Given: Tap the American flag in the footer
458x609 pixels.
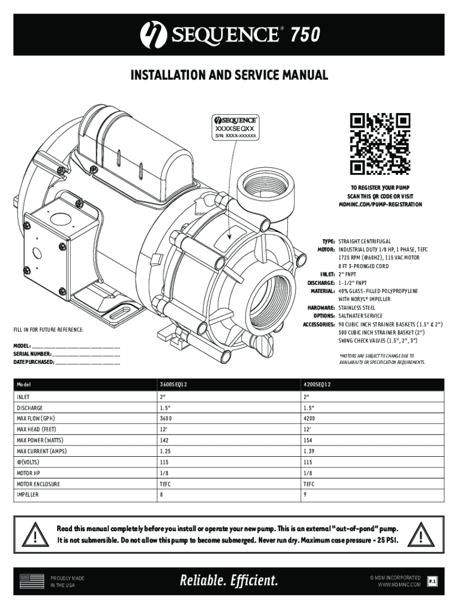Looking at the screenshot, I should tap(32, 581).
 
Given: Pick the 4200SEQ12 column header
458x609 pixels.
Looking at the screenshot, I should tap(318, 384).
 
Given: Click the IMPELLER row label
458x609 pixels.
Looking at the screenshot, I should tap(28, 495).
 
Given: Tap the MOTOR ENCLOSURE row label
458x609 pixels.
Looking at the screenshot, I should tap(38, 484).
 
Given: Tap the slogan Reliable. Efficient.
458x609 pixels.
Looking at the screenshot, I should tap(229, 580).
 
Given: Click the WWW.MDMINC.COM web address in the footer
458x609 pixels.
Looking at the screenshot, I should tap(399, 585).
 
